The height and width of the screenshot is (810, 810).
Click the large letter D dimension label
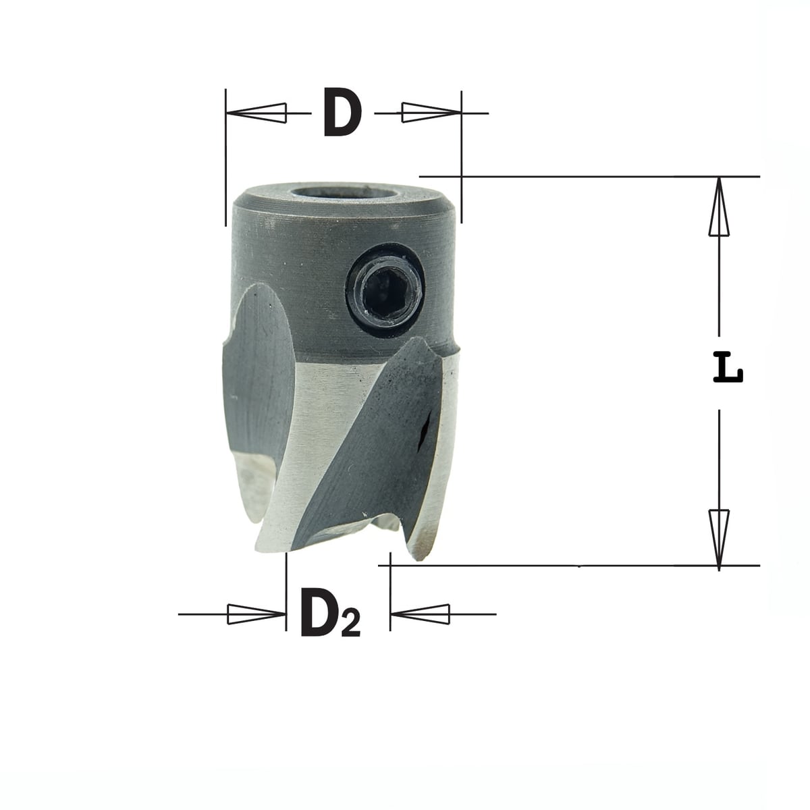[x=343, y=112]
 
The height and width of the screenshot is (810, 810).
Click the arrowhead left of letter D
[x=256, y=113]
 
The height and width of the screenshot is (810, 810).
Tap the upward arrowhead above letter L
[x=719, y=207]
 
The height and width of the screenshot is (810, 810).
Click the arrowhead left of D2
[x=256, y=614]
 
